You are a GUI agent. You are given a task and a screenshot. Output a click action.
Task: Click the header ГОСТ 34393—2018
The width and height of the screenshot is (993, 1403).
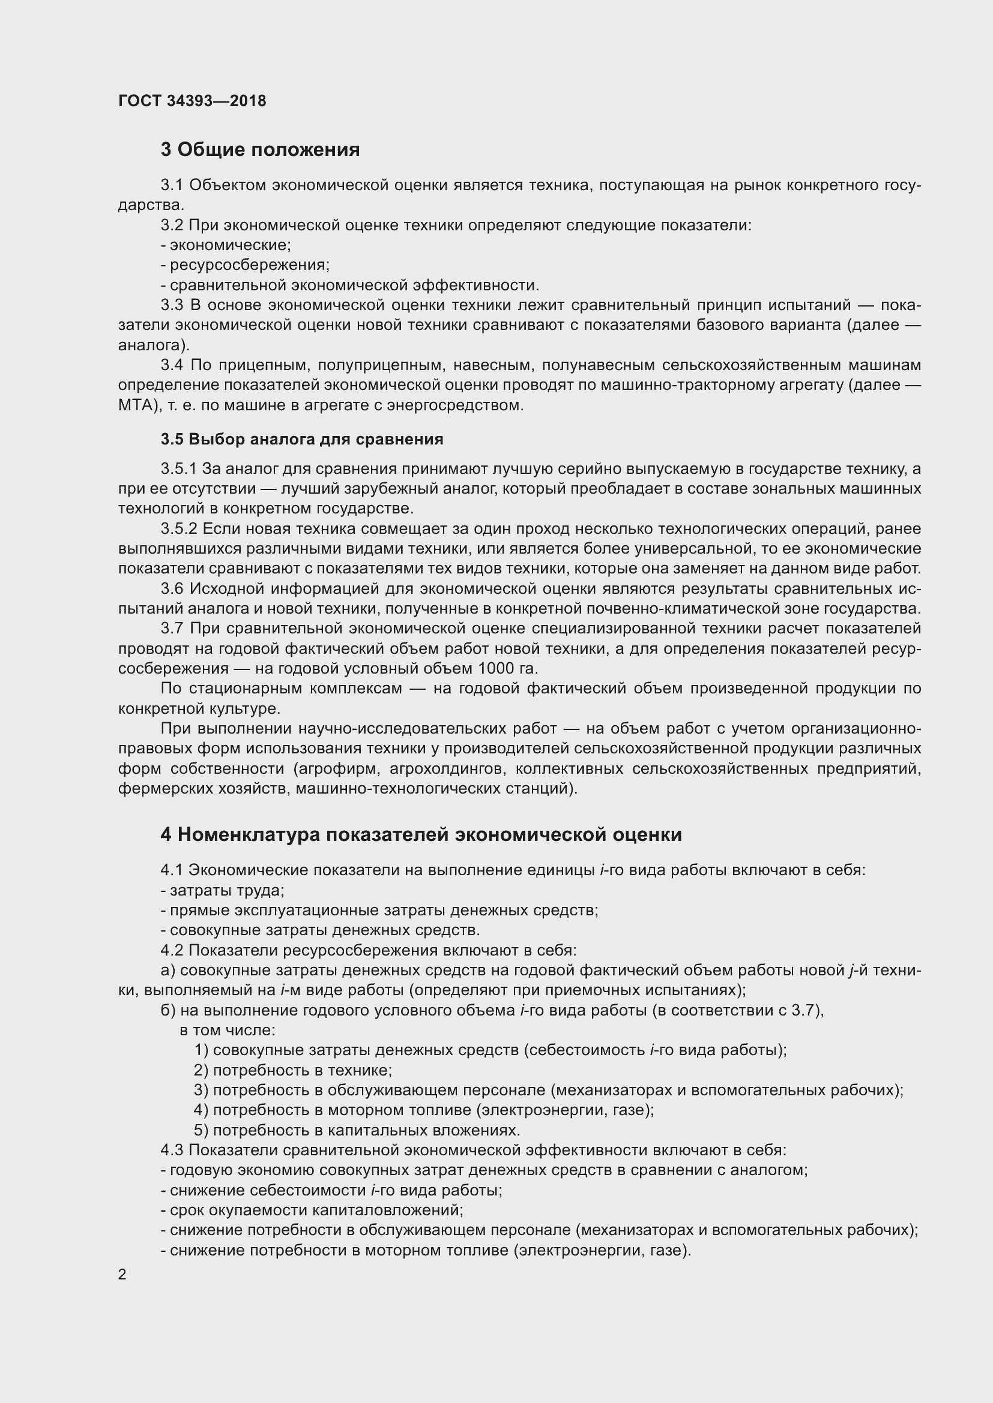pos(192,101)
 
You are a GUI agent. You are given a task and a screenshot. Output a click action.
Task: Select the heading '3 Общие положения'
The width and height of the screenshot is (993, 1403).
pos(260,150)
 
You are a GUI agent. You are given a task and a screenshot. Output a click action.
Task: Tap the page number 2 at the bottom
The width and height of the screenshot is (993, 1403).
pos(122,1274)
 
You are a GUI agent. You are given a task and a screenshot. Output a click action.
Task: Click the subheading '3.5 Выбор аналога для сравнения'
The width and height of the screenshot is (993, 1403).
pos(302,438)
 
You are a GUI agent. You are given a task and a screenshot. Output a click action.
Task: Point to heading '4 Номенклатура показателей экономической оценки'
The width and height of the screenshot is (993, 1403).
pos(421,834)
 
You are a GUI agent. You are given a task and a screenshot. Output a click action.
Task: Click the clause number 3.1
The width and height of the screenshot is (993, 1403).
pos(172,185)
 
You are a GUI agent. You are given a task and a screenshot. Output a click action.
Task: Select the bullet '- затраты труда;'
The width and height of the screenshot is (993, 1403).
pos(223,890)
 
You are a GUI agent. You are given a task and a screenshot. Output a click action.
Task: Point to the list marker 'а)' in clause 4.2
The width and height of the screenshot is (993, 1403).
pos(168,971)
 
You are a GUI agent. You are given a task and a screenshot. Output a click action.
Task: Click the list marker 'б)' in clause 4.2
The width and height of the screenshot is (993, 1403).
pos(168,1010)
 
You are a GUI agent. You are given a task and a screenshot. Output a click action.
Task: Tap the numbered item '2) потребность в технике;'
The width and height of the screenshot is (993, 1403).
pos(293,1070)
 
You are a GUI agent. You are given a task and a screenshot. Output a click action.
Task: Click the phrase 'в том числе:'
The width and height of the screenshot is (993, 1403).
pos(227,1031)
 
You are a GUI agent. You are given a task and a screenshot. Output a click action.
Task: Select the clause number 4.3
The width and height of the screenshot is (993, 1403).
pos(172,1149)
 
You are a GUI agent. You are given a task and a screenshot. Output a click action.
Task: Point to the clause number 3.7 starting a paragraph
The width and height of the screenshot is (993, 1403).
pos(172,628)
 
